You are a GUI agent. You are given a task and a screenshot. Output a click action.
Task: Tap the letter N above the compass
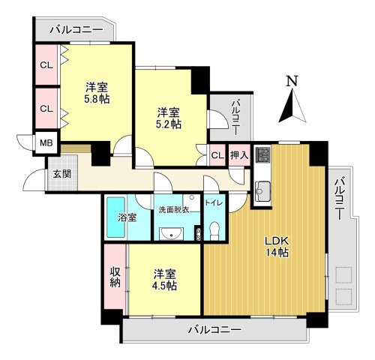pos(292,81)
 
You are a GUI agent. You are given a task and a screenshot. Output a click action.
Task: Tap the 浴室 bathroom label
pos(127,217)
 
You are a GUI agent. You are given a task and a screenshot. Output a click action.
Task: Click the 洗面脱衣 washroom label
pos(173,209)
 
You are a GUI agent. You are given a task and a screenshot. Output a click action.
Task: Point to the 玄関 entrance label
pos(61,174)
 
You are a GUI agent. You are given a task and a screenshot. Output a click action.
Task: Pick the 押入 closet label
pos(239,155)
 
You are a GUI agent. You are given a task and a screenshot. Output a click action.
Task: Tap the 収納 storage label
pos(115,277)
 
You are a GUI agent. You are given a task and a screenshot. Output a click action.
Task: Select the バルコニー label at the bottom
pos(214,329)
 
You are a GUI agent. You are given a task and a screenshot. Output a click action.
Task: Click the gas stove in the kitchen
pos(262,155)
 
